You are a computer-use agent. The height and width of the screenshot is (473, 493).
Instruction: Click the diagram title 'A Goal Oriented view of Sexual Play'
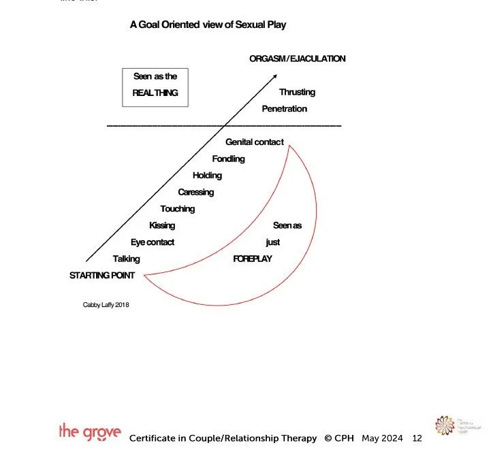click(x=208, y=25)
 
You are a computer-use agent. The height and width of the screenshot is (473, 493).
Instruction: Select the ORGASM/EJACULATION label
click(x=297, y=59)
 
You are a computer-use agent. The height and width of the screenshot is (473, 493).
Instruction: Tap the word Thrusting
click(x=297, y=92)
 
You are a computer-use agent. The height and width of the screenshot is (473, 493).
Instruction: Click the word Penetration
click(x=284, y=108)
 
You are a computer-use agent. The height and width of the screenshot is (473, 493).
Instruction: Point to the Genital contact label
click(x=255, y=142)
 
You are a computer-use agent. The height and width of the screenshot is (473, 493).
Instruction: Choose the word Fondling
click(x=228, y=159)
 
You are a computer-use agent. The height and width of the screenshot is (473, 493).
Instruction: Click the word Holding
click(x=207, y=175)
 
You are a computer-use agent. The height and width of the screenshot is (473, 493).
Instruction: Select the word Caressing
click(x=195, y=192)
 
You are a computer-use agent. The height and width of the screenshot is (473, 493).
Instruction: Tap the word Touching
click(x=177, y=209)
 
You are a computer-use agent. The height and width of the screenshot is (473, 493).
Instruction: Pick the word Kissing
click(x=162, y=225)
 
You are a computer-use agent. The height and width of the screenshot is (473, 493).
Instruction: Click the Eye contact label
click(x=153, y=242)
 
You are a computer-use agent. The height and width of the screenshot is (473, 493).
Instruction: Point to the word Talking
click(x=126, y=259)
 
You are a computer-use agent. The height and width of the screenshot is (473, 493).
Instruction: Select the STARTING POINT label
click(x=102, y=275)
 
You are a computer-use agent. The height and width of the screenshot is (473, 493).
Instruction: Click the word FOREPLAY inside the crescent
click(x=253, y=259)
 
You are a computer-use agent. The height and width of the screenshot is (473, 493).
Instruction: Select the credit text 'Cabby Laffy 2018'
click(x=106, y=305)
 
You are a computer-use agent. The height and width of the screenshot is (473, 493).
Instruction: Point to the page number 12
click(x=417, y=438)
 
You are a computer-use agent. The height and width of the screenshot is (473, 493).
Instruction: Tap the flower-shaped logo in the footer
click(x=445, y=426)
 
